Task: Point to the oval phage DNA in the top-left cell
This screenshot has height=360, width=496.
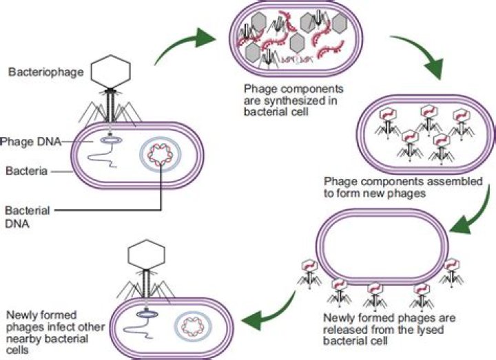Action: [110, 140]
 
